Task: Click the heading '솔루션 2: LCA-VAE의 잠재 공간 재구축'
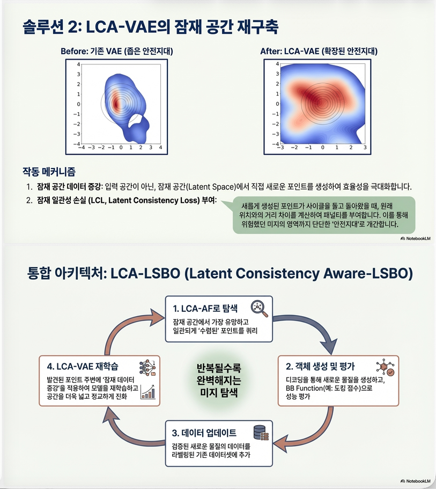coord(151,27)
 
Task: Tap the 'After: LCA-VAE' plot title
coord(319,52)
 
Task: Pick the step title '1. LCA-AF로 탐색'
coord(205,308)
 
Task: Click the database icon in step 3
coord(261,432)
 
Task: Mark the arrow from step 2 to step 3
coord(316,429)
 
